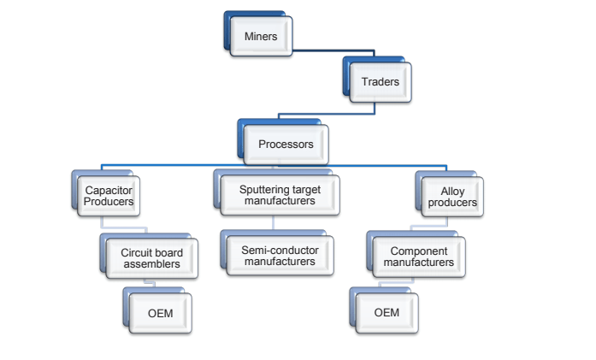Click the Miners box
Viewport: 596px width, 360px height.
click(261, 37)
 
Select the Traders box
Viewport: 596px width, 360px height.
click(380, 82)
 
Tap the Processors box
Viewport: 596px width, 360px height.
click(286, 144)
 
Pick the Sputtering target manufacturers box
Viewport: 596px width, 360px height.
click(277, 195)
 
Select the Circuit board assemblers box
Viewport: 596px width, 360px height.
click(150, 257)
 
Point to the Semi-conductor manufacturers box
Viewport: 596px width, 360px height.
click(280, 256)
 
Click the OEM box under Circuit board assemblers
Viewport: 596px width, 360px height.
click(160, 313)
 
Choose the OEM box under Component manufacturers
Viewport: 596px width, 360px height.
click(387, 312)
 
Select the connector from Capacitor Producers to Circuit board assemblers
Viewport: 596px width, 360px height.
click(128, 227)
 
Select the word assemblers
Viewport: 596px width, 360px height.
click(150, 264)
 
